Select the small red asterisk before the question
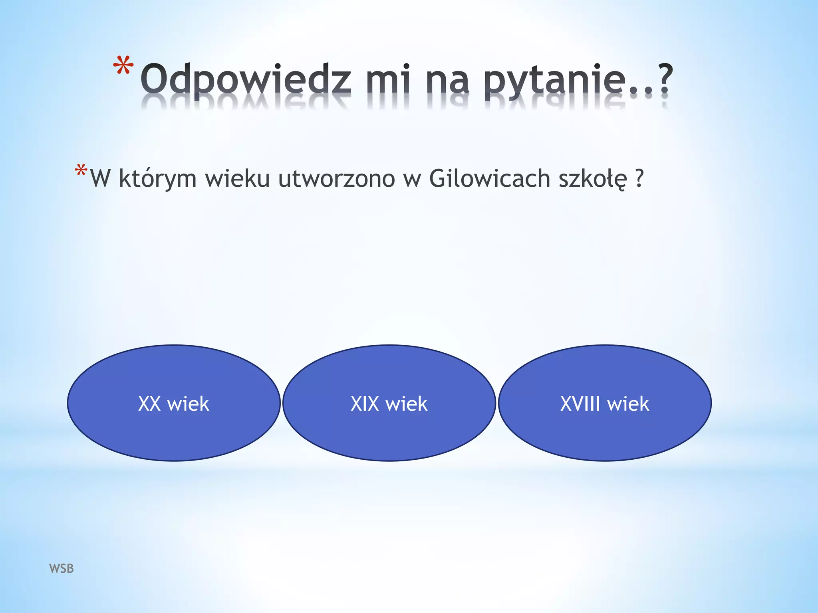click(x=81, y=171)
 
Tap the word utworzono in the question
click(x=337, y=178)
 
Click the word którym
click(x=157, y=179)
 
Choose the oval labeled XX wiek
click(x=174, y=403)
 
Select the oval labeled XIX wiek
click(x=389, y=403)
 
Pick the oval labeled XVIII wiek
click(x=605, y=403)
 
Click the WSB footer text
click(x=62, y=568)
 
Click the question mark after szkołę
click(x=639, y=178)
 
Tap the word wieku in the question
click(x=238, y=178)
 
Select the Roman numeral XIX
click(x=365, y=403)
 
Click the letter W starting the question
click(x=100, y=179)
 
